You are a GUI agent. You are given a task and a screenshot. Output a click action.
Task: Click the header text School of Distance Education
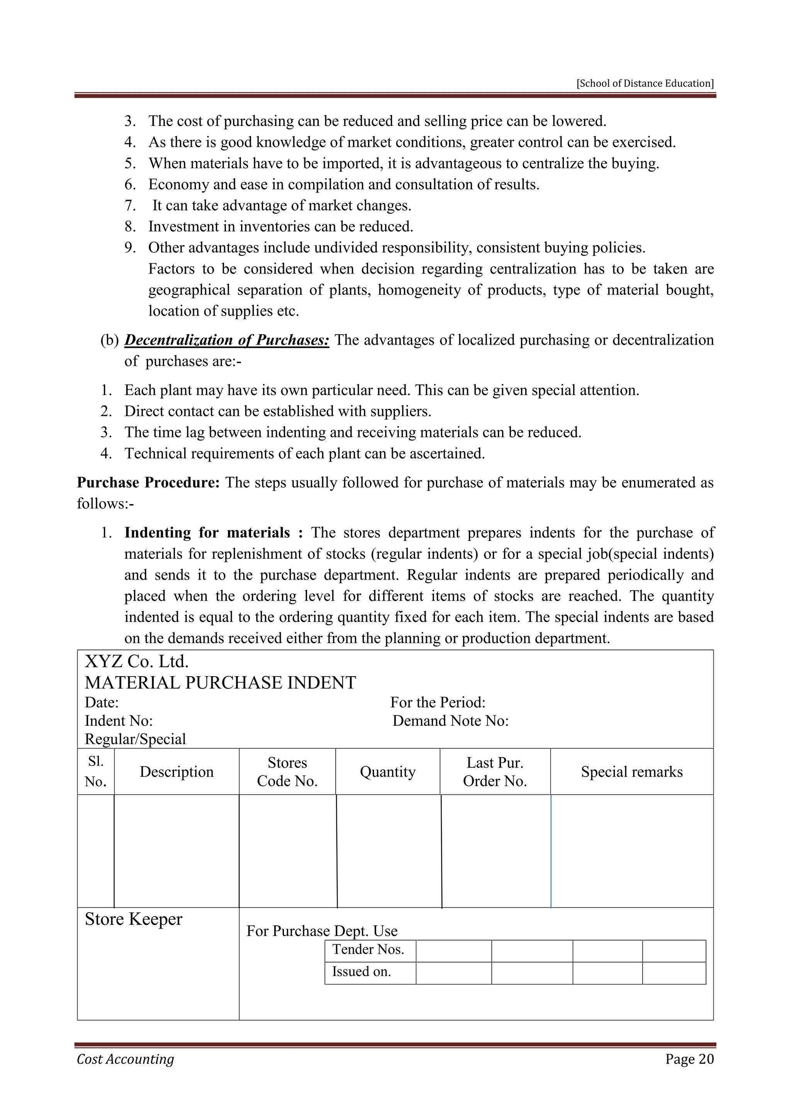(x=645, y=83)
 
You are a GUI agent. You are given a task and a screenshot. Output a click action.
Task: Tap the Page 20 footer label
(x=689, y=1059)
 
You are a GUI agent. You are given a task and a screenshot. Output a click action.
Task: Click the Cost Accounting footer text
(x=125, y=1059)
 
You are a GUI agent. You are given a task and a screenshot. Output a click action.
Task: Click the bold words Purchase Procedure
(x=148, y=483)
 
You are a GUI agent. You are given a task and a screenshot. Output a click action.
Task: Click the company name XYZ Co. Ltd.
(x=136, y=662)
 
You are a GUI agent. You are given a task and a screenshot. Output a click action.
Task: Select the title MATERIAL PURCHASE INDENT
(x=220, y=682)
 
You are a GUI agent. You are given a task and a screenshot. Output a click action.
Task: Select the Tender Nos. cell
(x=368, y=949)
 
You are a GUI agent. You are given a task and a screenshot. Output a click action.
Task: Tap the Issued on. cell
(x=362, y=972)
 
